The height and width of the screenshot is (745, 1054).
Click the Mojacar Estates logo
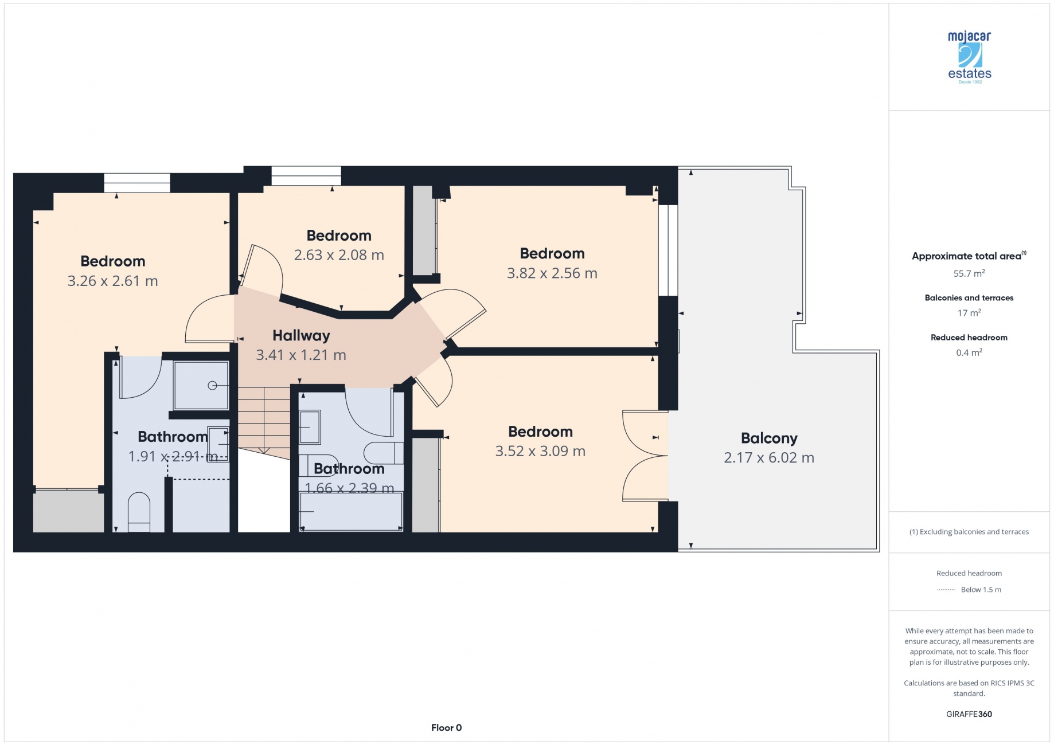click(969, 57)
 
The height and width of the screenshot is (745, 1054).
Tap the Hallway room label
click(301, 335)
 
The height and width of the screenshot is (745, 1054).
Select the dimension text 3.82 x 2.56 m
click(552, 273)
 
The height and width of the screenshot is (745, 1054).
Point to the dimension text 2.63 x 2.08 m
click(339, 255)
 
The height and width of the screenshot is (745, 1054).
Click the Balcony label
click(769, 438)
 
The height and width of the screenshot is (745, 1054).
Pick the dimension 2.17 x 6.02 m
click(769, 458)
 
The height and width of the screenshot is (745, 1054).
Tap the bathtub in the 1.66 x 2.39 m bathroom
click(351, 511)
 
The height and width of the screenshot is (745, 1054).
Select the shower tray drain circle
click(212, 386)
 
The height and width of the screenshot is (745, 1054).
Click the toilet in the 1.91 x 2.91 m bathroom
click(138, 512)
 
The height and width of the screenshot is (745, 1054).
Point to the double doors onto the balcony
click(646, 456)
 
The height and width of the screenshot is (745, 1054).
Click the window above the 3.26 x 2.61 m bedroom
click(137, 183)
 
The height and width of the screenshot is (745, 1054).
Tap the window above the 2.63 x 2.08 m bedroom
click(306, 176)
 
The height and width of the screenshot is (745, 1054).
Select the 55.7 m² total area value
click(969, 273)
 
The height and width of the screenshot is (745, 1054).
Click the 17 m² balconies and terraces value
click(969, 312)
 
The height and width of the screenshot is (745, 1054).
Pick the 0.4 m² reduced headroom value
click(969, 352)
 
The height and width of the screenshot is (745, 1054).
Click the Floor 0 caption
click(446, 728)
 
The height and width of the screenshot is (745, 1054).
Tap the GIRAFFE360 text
click(969, 714)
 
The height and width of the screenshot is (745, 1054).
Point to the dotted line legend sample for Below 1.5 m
click(946, 590)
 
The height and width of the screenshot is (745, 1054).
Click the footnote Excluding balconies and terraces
click(969, 532)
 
